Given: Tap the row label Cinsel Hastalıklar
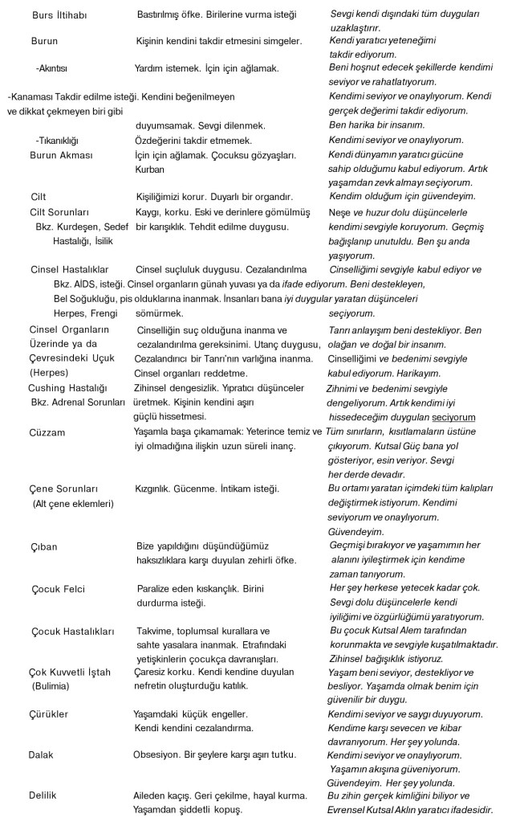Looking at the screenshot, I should click(69, 269).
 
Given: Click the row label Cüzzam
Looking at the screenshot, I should click(47, 431).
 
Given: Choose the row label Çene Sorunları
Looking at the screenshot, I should click(63, 489).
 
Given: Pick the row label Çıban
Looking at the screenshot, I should click(44, 547).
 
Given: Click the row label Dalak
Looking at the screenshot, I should click(41, 755).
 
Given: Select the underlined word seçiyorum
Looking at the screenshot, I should click(453, 417).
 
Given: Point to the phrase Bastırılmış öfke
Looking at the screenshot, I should click(171, 15).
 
